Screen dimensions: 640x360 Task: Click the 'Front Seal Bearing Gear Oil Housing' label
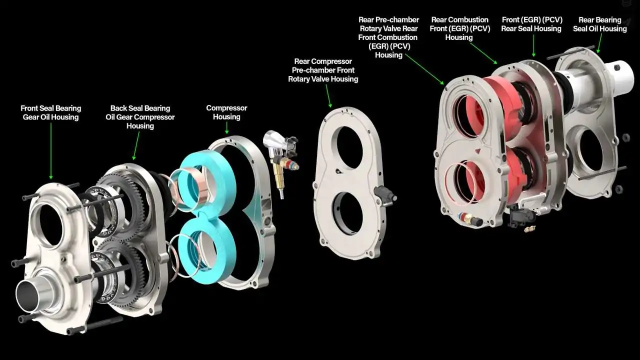[x=51, y=112]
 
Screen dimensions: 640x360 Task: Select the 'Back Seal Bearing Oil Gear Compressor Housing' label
[x=140, y=117]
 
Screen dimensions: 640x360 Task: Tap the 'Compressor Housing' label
[x=226, y=112]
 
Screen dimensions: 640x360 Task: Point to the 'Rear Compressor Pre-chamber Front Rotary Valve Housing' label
[x=323, y=70]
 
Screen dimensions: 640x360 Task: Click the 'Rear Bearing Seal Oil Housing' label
[x=599, y=24]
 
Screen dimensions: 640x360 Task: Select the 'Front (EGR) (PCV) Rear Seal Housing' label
[x=531, y=24]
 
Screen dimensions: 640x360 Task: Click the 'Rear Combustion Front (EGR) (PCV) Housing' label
[x=459, y=28]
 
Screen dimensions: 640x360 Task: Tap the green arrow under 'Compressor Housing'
[x=227, y=128]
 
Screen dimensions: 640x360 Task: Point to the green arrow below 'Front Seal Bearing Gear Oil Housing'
[x=51, y=151]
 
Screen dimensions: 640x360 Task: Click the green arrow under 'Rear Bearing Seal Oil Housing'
[x=599, y=43]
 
